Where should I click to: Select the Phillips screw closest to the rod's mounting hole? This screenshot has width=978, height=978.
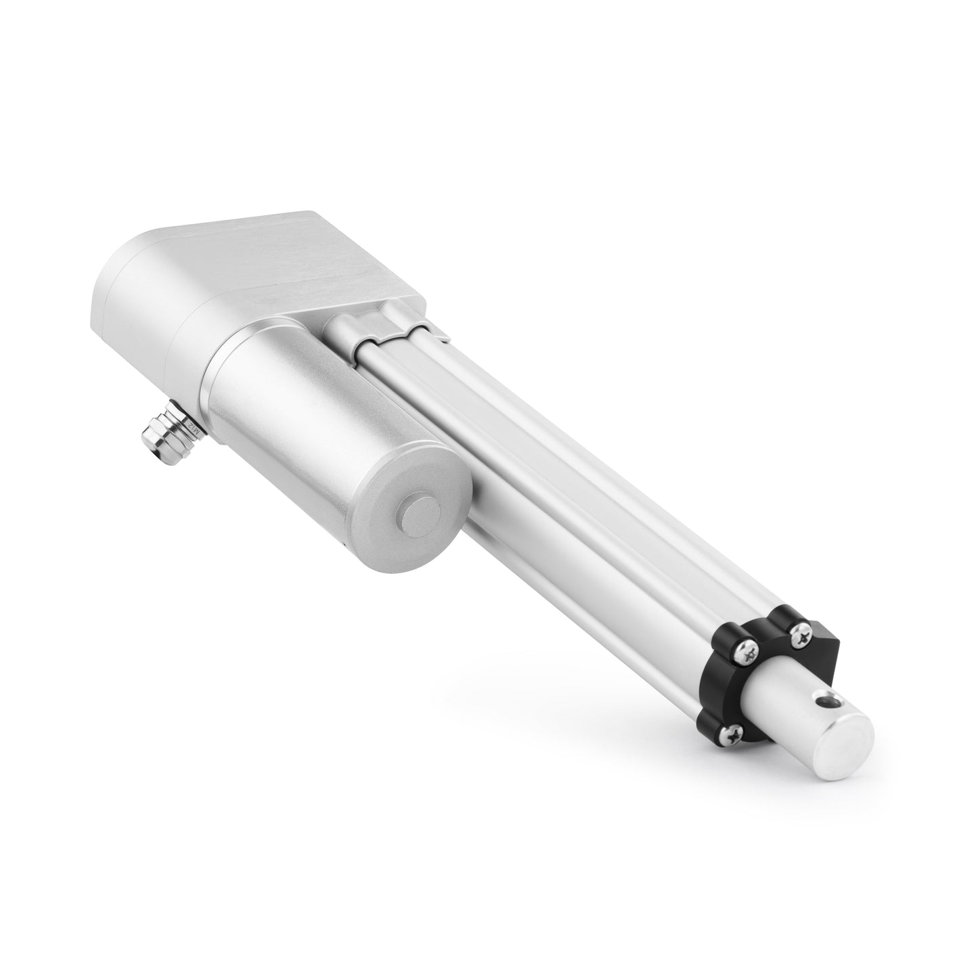pyautogui.click(x=803, y=633)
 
